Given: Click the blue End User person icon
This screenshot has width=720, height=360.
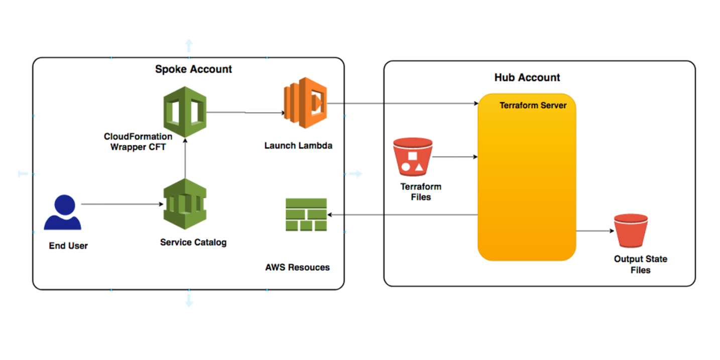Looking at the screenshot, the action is (x=63, y=212).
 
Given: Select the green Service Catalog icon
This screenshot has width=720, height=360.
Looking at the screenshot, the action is (x=185, y=204).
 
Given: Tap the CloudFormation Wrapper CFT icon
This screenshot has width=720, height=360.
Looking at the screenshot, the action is (x=185, y=111).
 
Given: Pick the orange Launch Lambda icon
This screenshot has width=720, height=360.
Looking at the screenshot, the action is (x=305, y=103).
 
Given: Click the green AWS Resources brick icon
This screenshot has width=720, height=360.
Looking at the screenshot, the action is (x=306, y=215).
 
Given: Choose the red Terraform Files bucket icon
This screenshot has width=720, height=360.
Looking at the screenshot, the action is (x=413, y=157).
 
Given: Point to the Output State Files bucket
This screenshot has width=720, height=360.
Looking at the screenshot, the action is (x=631, y=231).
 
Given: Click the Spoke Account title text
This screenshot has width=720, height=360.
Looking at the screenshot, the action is (x=193, y=69).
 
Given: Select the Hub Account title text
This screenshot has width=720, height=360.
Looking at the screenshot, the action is (x=527, y=77).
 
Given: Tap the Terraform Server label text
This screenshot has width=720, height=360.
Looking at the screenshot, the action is (x=533, y=105).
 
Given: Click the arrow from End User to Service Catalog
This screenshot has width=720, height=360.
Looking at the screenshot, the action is (x=122, y=204).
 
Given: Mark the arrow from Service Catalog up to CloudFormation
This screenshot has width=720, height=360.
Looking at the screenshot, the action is (x=185, y=158).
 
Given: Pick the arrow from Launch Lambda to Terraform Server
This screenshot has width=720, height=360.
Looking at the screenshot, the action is (x=403, y=103).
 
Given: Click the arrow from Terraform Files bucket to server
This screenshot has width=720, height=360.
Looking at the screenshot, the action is (x=455, y=157).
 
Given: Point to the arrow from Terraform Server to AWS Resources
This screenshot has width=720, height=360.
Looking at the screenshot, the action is (x=403, y=215).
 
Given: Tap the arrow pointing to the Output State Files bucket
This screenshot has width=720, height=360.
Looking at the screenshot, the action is (x=595, y=231).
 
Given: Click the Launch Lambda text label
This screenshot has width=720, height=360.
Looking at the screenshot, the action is (x=298, y=146).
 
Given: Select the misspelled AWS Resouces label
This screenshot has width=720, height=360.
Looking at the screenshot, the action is (x=297, y=268).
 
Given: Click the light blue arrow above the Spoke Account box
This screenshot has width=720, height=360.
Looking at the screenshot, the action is (x=189, y=45).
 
